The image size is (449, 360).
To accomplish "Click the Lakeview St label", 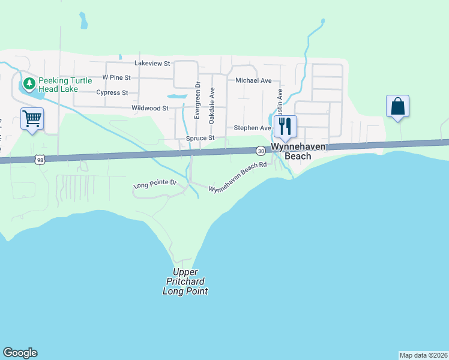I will point(152,62).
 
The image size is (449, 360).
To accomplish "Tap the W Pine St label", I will point(116,77).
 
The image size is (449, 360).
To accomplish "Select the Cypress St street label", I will point(112,92).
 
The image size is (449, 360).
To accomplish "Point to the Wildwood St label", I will point(149,108).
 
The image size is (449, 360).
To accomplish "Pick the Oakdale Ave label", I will point(212,106).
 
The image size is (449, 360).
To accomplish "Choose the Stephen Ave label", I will point(252,128).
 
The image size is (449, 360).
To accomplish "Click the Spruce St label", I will point(200,138).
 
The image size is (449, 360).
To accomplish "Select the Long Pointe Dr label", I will point(155,182).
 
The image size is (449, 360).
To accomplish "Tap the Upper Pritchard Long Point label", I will point(185,281).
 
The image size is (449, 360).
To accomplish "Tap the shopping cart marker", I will point(32,118).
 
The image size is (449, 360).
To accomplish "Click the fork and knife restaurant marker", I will point(285,125).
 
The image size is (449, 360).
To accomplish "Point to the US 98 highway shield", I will point(40,159).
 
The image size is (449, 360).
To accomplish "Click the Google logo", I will point(20,353).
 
